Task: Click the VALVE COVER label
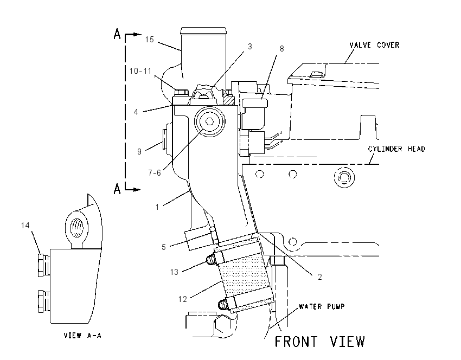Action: pyautogui.click(x=374, y=45)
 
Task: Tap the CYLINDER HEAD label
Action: pyautogui.click(x=396, y=149)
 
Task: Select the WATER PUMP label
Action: pyautogui.click(x=322, y=306)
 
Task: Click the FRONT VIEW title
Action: pyautogui.click(x=319, y=342)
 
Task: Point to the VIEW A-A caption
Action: pyautogui.click(x=82, y=335)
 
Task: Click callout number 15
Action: pyautogui.click(x=149, y=40)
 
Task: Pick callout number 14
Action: pyautogui.click(x=25, y=226)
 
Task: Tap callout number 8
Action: pyautogui.click(x=281, y=49)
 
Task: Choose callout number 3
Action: pyautogui.click(x=250, y=47)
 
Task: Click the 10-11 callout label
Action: pyautogui.click(x=140, y=71)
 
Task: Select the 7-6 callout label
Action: pyautogui.click(x=155, y=173)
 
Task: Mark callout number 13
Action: pyautogui.click(x=174, y=272)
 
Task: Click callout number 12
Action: pyautogui.click(x=183, y=299)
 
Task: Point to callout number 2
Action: pyautogui.click(x=320, y=277)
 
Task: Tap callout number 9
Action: pyautogui.click(x=139, y=152)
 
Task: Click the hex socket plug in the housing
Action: pyautogui.click(x=210, y=121)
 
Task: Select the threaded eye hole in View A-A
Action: pyautogui.click(x=78, y=228)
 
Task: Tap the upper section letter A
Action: pyautogui.click(x=117, y=34)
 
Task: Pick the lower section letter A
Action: pyautogui.click(x=117, y=189)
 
